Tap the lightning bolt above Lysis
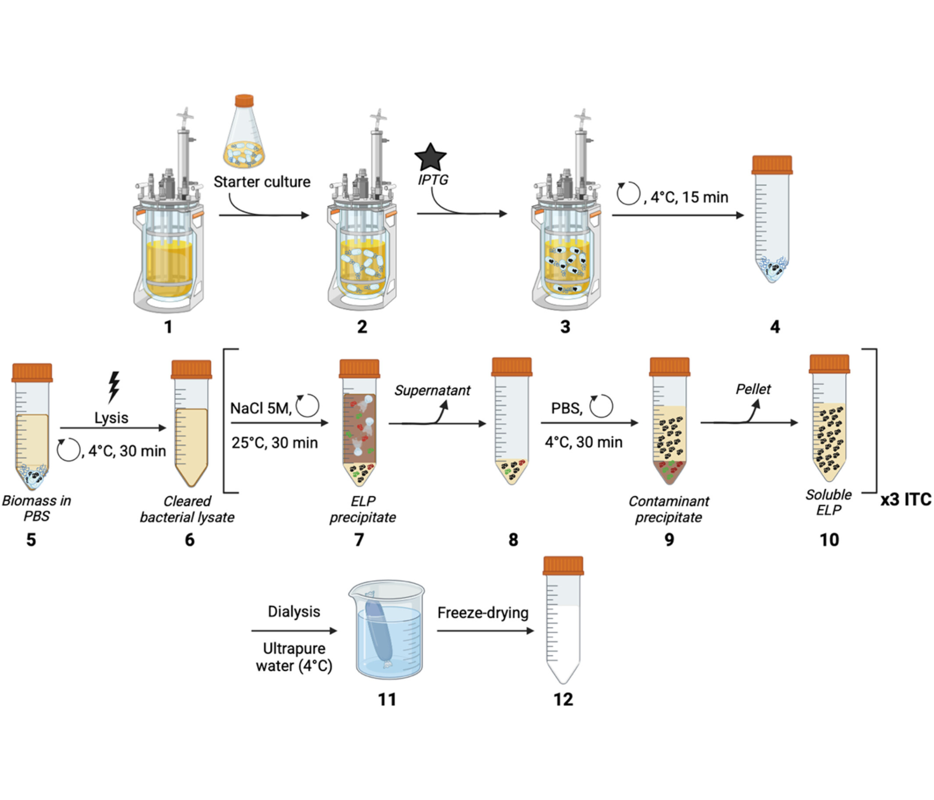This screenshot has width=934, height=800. click(113, 387)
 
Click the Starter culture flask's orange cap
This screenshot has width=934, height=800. click(244, 100)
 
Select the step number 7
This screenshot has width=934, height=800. click(359, 540)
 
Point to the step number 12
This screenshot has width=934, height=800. click(563, 699)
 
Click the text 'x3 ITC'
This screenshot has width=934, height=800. click(906, 499)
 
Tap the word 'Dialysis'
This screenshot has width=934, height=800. click(294, 611)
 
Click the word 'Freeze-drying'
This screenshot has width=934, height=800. click(483, 612)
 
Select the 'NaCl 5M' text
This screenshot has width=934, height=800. click(260, 408)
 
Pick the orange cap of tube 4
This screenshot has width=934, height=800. click(772, 165)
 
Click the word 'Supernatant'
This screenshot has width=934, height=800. click(432, 390)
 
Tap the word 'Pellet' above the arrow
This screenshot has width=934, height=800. click(753, 389)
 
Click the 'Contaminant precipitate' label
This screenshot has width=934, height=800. click(669, 509)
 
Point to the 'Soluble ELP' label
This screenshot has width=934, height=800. click(828, 502)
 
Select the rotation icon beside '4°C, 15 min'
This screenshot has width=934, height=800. click(628, 193)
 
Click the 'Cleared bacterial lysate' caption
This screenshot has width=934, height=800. click(187, 509)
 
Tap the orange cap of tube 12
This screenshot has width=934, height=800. click(563, 566)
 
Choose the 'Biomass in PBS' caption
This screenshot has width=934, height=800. click(36, 508)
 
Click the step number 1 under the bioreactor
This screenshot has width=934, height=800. click(169, 327)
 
